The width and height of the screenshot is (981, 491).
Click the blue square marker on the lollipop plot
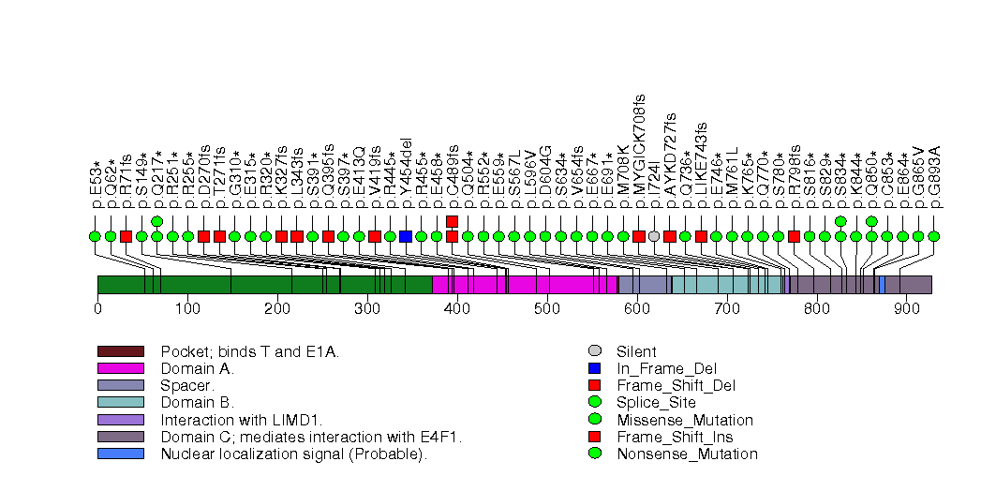click(406, 236)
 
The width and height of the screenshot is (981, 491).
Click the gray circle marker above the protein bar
click(654, 236)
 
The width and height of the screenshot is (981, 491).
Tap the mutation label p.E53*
click(96, 186)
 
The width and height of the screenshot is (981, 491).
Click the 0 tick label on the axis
click(97, 306)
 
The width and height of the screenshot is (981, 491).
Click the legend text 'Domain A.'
click(197, 368)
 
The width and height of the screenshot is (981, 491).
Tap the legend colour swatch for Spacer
click(120, 385)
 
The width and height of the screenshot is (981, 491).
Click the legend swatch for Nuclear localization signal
click(120, 454)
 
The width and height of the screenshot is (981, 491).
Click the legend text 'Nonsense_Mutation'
click(686, 454)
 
